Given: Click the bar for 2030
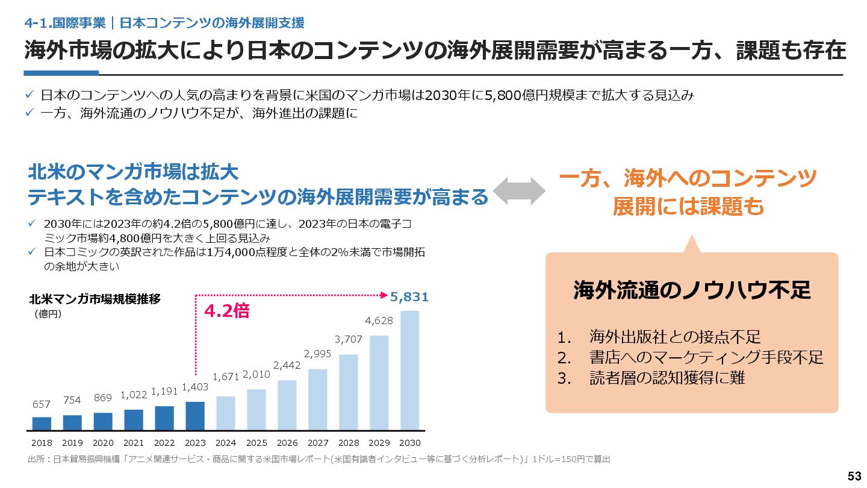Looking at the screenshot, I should click(x=409, y=371).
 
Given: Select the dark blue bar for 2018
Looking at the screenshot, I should click(x=42, y=424).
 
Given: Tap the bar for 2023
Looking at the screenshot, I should click(x=195, y=416).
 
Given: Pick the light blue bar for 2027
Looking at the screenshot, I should click(x=318, y=399).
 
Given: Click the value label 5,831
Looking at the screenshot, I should click(x=409, y=297).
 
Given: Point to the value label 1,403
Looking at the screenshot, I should click(x=195, y=387).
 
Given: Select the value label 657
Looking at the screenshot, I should click(x=42, y=404).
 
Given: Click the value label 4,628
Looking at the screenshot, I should click(x=379, y=321).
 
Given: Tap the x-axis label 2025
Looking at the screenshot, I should click(x=256, y=443).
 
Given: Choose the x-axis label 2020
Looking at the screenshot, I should click(x=103, y=443).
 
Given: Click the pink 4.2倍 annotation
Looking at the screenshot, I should click(x=226, y=311).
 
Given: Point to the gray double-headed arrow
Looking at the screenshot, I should click(x=520, y=191).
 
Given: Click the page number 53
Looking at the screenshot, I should click(x=854, y=476).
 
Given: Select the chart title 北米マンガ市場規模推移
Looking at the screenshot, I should click(x=95, y=299).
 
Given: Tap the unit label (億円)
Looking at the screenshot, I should click(x=48, y=313).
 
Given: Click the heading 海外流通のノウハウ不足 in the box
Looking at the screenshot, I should click(x=692, y=291).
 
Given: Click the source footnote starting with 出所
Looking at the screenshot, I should click(x=319, y=460).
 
